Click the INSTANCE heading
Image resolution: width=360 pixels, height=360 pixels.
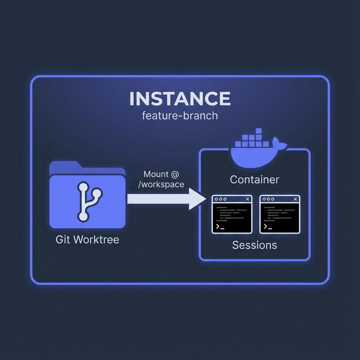(180, 99)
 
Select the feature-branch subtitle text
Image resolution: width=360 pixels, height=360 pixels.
(180, 115)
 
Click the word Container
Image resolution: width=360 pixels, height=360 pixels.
(255, 180)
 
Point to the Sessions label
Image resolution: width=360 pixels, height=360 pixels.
(255, 245)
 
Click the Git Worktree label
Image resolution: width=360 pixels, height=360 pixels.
(88, 240)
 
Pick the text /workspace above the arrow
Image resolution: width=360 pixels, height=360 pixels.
(161, 184)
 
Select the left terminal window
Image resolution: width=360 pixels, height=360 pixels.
(232, 214)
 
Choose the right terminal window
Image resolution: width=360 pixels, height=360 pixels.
(280, 214)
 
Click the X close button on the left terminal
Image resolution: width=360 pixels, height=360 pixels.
(247, 199)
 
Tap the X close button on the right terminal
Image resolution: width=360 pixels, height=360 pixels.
(295, 199)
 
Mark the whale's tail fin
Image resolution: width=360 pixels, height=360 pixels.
(280, 143)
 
